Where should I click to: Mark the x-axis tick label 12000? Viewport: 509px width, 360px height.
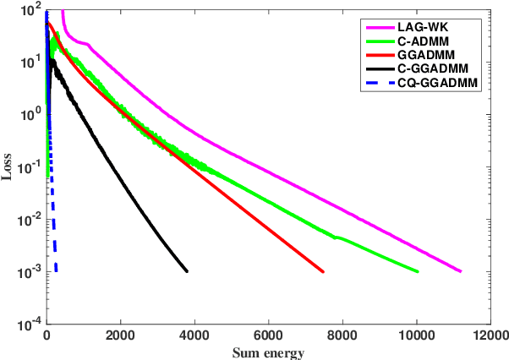point(491,335)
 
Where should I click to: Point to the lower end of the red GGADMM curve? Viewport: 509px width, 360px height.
point(324,271)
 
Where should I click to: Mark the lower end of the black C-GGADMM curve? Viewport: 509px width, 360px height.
point(187,271)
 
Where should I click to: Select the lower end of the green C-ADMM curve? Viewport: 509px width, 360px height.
point(418,271)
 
